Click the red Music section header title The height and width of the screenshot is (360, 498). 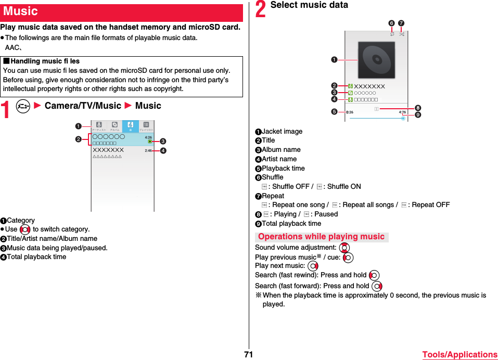point(21,11)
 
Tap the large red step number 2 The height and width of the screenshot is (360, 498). point(261,9)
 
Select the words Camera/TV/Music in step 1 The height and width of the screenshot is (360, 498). point(83,106)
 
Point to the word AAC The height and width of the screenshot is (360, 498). point(12,47)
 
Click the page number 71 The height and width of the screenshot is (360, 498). point(248,354)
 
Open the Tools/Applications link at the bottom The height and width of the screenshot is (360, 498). point(459,355)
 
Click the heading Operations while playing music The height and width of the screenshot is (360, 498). point(321,237)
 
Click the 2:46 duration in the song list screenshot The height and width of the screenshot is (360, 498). point(148,151)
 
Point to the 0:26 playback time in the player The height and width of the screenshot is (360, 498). point(350,112)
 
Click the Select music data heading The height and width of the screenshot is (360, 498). point(309,5)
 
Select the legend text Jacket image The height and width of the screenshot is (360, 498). point(282,132)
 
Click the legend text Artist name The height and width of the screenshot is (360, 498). point(279,159)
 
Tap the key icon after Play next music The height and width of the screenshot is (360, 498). point(313,266)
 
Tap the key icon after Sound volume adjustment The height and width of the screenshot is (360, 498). point(344,248)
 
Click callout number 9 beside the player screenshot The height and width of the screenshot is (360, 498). point(418,115)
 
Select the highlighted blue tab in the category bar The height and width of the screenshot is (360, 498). point(130,126)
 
